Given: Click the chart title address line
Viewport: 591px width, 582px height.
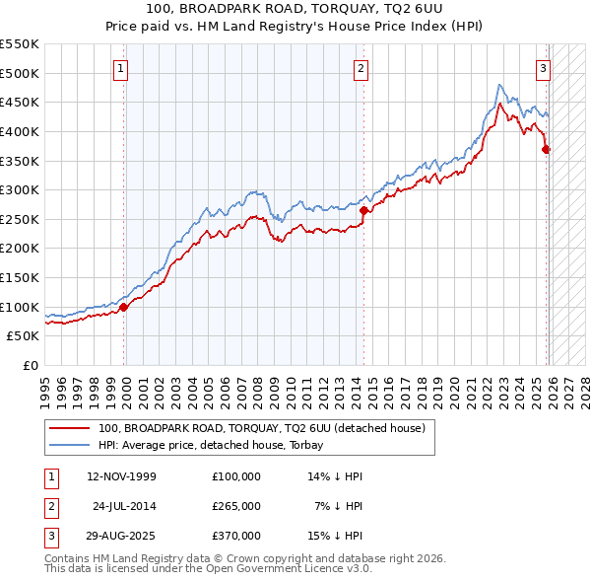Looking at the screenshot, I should (x=295, y=9).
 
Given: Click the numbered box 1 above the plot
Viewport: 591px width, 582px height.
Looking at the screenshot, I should (x=120, y=69).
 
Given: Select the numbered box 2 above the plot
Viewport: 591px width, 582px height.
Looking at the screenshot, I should (x=361, y=69).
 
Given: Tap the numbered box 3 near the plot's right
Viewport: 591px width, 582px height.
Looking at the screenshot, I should (x=543, y=69).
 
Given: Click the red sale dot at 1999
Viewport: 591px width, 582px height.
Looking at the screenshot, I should (x=124, y=307).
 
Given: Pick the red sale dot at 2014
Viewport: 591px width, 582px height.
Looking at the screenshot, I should (x=363, y=210).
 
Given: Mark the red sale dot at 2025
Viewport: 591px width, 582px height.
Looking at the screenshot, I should (x=547, y=150).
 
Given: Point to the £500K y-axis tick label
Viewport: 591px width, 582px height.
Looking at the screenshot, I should (x=20, y=73).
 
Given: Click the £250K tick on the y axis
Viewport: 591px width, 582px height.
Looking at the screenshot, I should (x=20, y=219).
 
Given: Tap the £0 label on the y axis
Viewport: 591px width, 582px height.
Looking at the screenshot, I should (x=30, y=365).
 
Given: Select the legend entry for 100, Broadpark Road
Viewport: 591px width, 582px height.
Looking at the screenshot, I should (x=261, y=428).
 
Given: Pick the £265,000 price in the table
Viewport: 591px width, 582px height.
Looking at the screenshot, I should (x=236, y=506).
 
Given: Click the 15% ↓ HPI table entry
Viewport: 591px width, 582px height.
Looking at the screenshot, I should (x=336, y=536).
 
